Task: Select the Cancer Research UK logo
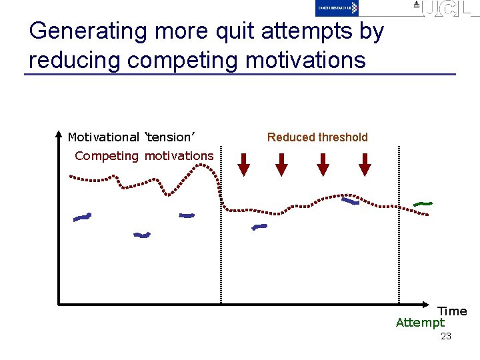click(337, 8)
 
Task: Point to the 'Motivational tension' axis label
click(131, 137)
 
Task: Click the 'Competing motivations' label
click(144, 156)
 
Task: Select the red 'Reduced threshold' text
click(317, 137)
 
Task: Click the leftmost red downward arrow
click(244, 164)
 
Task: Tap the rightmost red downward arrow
click(364, 164)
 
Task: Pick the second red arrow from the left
click(282, 164)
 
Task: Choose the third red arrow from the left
click(323, 164)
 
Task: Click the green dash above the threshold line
click(423, 203)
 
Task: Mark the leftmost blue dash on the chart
click(82, 217)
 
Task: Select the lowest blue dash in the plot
click(142, 235)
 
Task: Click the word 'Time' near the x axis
click(452, 311)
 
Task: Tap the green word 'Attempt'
click(419, 323)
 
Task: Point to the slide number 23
click(446, 337)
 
